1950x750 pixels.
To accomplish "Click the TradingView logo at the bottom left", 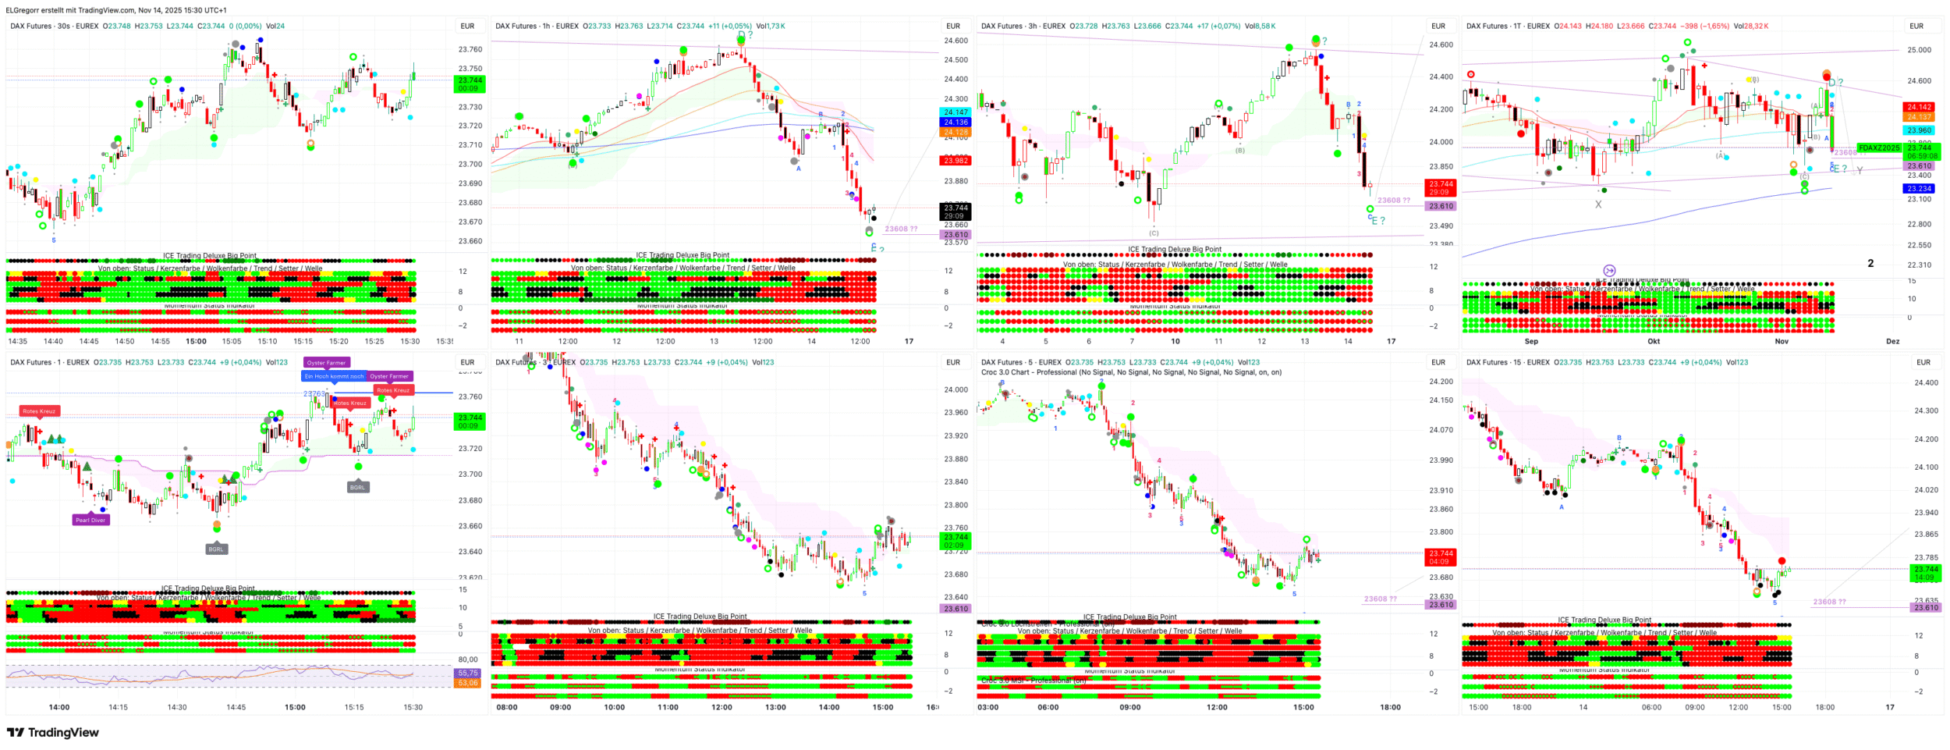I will click(x=53, y=733).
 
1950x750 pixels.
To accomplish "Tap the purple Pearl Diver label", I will click(x=90, y=520).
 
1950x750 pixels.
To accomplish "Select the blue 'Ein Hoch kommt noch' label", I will click(x=334, y=376).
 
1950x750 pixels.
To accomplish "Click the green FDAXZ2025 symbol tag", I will click(x=1878, y=148).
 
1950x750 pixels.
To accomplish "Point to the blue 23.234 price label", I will click(x=1919, y=189).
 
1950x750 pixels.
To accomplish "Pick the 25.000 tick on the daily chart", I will click(x=1919, y=50).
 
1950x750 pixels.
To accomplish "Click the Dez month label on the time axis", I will click(x=1892, y=341).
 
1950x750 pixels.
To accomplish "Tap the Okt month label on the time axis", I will click(x=1654, y=341).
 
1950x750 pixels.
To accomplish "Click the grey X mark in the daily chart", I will click(x=1598, y=204).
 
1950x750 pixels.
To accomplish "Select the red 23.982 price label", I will click(x=955, y=161).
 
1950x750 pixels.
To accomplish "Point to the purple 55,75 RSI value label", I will click(x=468, y=673).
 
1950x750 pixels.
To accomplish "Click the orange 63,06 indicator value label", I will click(x=468, y=683).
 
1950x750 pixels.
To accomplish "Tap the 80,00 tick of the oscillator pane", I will click(x=468, y=659).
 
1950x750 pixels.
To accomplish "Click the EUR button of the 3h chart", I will click(x=1438, y=26).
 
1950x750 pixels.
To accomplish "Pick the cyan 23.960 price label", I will click(x=1919, y=130).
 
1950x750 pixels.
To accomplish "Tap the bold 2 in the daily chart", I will click(x=1870, y=264).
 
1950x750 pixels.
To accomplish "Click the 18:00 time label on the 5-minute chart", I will click(x=1390, y=707).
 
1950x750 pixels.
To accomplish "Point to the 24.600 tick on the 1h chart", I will click(x=955, y=41).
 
